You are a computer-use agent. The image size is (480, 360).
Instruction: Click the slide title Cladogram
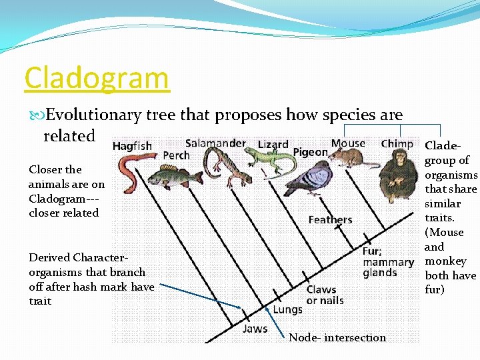pos(97,79)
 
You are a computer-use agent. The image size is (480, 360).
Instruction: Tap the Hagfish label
pos(132,146)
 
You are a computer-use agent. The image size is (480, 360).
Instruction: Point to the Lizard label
pos(273,145)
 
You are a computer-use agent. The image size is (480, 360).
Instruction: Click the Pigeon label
pos(310,152)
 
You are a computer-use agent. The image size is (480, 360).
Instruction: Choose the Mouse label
pos(348,143)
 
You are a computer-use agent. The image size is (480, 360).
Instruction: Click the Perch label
pos(177,155)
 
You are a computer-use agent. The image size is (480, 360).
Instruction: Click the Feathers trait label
pos(330,220)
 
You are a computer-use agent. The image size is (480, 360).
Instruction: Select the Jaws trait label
pos(255,329)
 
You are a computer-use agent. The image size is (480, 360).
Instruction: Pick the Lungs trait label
pos(287,309)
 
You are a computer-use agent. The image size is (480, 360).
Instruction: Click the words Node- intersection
pos(337,338)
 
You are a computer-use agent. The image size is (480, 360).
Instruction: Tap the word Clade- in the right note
pos(442,145)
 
